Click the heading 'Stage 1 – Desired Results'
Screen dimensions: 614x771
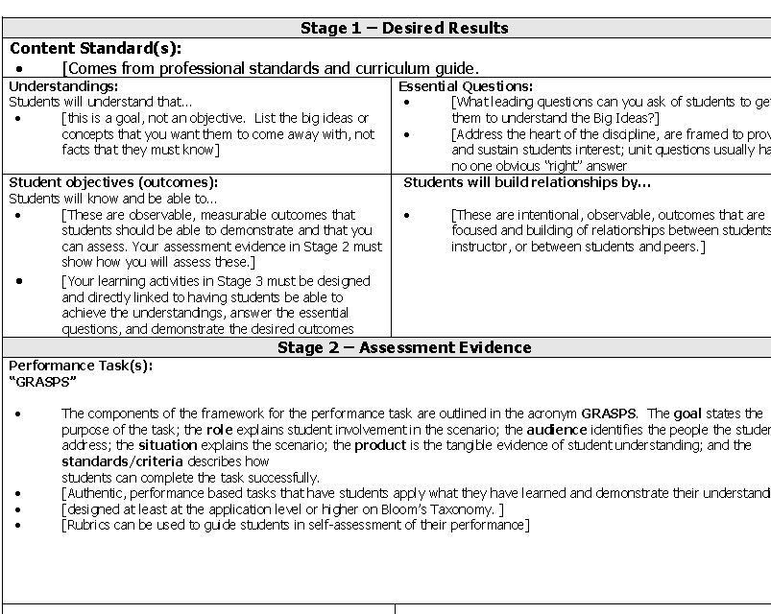click(404, 28)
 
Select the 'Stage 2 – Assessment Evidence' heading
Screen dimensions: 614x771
click(404, 347)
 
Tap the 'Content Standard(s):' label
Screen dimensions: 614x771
click(95, 48)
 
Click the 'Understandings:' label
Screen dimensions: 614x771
click(63, 86)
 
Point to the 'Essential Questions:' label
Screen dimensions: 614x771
click(466, 86)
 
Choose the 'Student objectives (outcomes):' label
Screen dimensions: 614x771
click(113, 182)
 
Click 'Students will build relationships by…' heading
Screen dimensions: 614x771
click(527, 182)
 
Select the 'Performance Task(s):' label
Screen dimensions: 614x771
click(81, 366)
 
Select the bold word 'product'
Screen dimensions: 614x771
click(380, 445)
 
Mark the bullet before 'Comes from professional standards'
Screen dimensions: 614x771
click(19, 69)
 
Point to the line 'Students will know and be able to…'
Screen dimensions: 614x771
click(113, 199)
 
